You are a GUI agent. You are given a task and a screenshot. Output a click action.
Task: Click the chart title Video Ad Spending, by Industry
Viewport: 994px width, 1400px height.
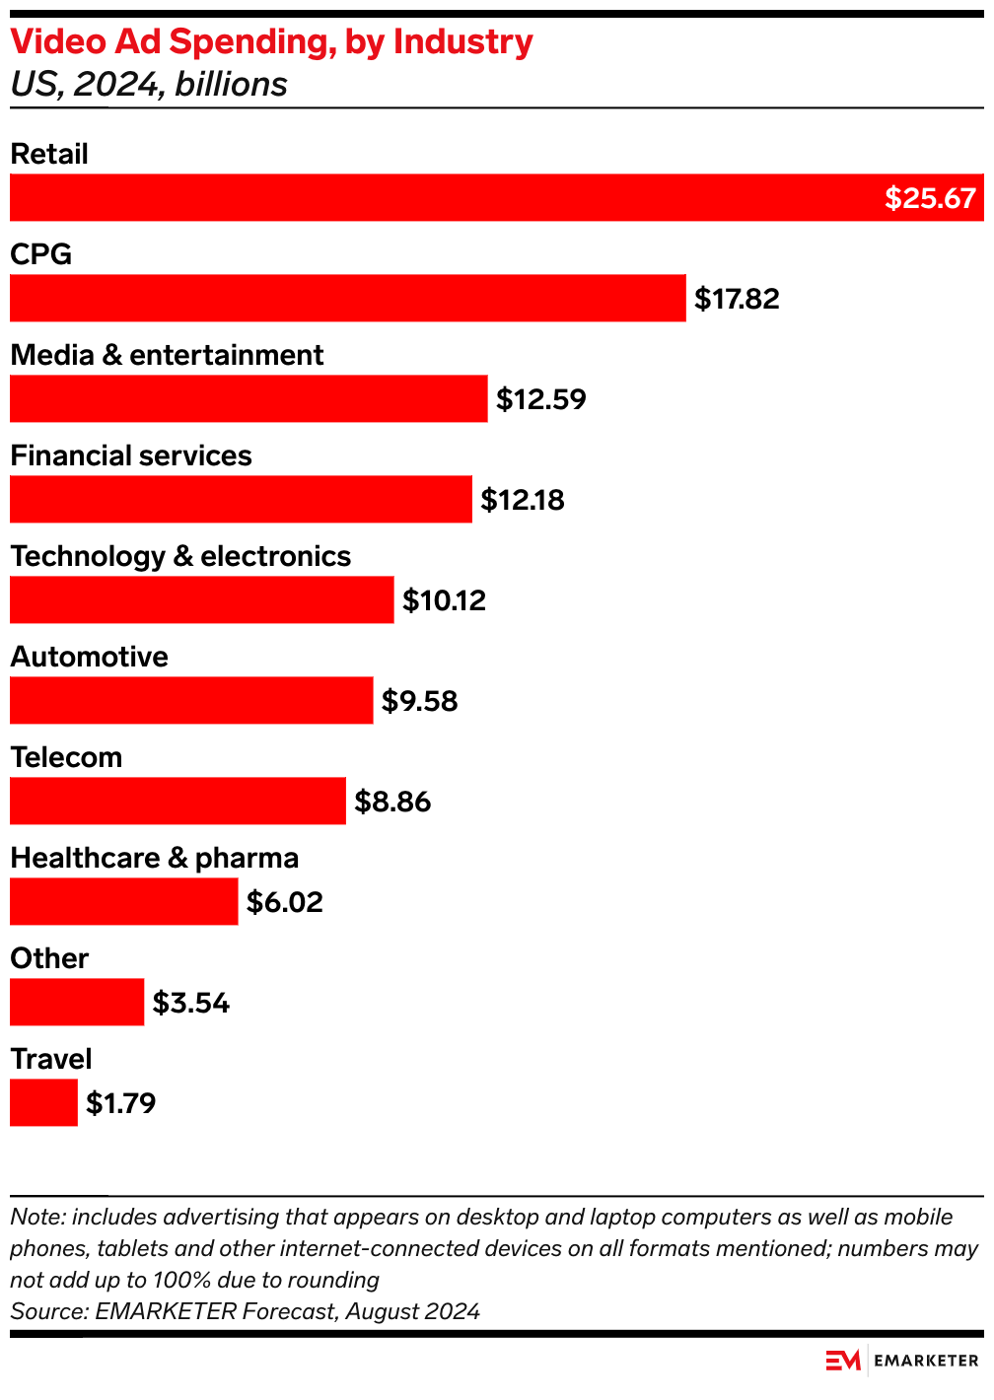pos(271,41)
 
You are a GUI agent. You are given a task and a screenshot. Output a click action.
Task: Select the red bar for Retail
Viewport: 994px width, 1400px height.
pos(444,197)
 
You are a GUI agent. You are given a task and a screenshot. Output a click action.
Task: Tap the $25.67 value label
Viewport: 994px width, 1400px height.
pos(929,198)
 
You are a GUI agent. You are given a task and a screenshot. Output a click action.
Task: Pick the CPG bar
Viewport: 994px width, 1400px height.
pos(347,298)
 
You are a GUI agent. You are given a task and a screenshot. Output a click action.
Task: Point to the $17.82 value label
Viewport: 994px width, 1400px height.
pos(737,299)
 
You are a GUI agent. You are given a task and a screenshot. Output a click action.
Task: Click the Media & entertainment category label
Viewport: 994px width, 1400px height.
pos(167,355)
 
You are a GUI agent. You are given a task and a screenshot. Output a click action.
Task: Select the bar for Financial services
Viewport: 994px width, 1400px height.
pos(241,499)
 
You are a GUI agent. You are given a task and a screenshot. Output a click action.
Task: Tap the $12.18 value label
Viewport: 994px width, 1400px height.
pos(523,500)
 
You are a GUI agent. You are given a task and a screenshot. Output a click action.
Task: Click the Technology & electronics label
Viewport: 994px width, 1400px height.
pos(180,556)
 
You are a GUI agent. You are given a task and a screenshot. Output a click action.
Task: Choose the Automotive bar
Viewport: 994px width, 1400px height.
pos(191,700)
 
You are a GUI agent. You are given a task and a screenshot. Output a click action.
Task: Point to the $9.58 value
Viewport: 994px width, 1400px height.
pos(420,701)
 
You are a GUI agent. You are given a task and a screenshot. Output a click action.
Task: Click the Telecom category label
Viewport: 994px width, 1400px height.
pos(66,757)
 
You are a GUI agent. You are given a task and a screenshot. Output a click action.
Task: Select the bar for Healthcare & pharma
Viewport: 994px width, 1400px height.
pos(123,901)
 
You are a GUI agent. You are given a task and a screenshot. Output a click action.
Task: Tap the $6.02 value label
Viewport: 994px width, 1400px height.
pos(285,902)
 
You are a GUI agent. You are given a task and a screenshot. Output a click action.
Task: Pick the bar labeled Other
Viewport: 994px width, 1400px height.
pos(77,1002)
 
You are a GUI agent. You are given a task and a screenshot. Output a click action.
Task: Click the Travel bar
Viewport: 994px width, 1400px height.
pos(43,1102)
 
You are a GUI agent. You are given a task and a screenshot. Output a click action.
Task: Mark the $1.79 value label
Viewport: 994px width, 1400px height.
pos(121,1103)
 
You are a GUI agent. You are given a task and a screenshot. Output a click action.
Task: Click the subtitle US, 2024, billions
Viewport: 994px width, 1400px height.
pos(149,85)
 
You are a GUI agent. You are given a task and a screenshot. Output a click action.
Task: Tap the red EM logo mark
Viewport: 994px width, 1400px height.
pos(843,1361)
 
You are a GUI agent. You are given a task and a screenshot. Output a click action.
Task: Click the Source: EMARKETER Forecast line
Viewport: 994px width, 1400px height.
pos(245,1311)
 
